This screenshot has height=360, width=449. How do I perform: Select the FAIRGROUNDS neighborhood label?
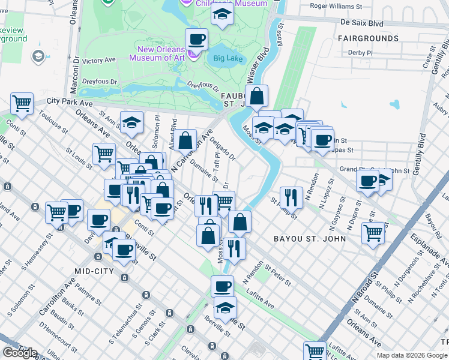click(367, 38)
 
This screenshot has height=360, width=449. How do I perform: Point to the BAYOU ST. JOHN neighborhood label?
click(309, 239)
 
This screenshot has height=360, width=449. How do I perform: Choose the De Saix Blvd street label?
click(361, 23)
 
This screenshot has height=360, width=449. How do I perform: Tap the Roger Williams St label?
click(337, 7)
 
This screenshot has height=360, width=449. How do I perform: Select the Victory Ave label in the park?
click(99, 61)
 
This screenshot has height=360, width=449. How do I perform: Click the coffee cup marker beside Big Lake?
click(196, 40)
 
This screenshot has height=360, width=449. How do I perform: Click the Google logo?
click(20, 353)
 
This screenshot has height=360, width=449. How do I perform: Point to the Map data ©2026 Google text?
click(412, 355)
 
